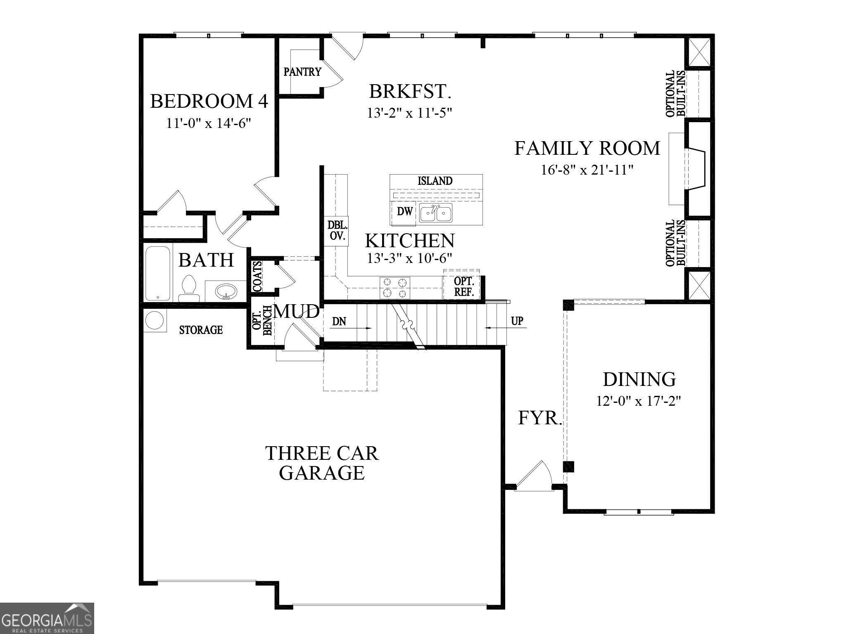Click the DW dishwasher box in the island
tap(404, 212)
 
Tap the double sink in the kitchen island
tap(435, 213)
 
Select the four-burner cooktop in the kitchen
tap(395, 288)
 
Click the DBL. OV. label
tap(337, 231)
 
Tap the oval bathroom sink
tap(226, 292)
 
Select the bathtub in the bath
tap(158, 273)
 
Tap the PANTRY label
tap(302, 72)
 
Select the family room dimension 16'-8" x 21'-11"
tap(587, 170)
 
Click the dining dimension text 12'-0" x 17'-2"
tap(638, 401)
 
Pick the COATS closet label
tap(257, 276)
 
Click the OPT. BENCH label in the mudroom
tap(262, 320)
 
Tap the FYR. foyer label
tap(539, 418)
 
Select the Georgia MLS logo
tap(47, 618)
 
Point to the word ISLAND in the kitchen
tap(435, 181)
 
